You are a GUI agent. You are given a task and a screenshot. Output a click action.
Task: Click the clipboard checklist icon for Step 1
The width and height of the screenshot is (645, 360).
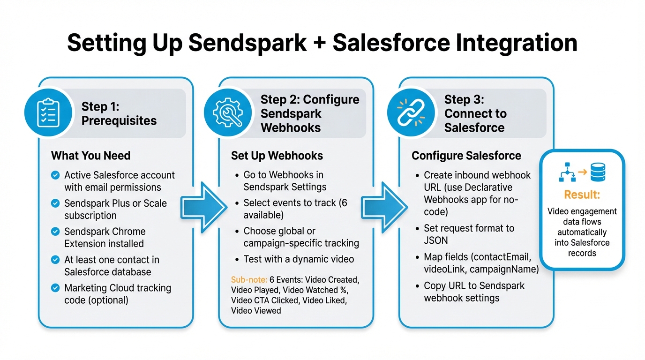click(48, 113)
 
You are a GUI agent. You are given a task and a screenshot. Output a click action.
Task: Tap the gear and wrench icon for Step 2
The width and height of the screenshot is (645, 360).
click(228, 113)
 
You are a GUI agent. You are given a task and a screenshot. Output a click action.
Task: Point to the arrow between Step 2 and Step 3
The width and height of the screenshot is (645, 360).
click(384, 207)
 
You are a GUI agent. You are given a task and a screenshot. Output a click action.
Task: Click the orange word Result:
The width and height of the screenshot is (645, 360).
click(582, 195)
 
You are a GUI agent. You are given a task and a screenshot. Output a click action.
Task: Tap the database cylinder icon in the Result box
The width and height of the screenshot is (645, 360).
click(598, 172)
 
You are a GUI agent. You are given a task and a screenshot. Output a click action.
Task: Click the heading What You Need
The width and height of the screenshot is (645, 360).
click(91, 156)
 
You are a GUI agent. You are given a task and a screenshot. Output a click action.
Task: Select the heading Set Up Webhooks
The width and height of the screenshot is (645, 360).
click(277, 156)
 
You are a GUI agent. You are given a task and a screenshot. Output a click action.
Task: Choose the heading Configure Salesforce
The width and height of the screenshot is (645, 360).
click(466, 156)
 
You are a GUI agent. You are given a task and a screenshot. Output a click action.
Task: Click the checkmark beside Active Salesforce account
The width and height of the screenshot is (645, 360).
click(55, 175)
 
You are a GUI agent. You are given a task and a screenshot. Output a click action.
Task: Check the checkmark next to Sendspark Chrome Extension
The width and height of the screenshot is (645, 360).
click(55, 232)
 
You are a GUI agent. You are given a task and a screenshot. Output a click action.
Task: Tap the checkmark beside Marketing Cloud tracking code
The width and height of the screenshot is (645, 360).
click(55, 288)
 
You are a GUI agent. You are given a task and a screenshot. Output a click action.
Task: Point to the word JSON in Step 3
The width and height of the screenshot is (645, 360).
click(436, 240)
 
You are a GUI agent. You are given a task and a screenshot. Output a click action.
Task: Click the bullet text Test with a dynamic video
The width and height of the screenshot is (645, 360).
click(299, 259)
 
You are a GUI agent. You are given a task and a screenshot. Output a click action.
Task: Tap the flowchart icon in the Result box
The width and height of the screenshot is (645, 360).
click(567, 172)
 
